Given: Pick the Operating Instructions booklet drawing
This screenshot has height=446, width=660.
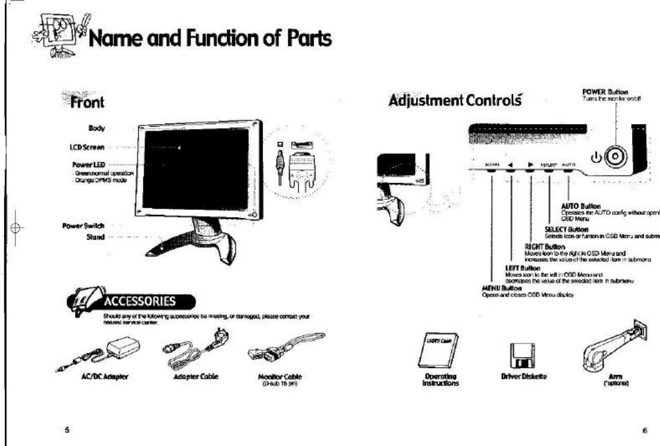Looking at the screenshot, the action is tap(436, 352).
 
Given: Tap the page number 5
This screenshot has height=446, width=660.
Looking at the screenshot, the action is tap(67, 430).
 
